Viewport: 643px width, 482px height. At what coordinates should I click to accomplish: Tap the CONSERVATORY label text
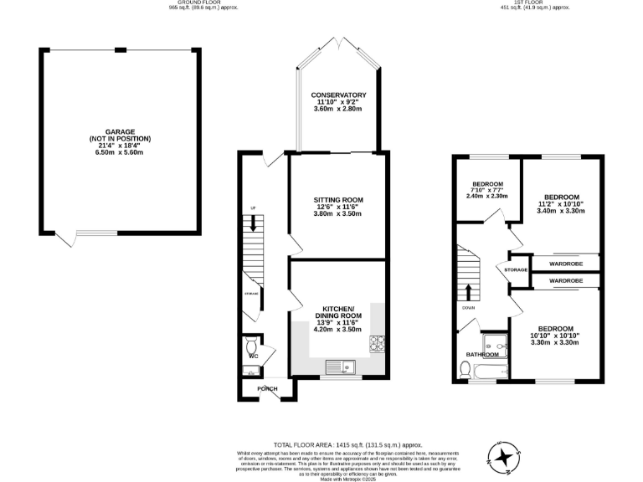click(x=339, y=95)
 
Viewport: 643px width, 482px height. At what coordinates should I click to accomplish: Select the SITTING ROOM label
click(x=338, y=200)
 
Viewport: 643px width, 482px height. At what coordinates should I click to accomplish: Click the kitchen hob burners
click(x=378, y=342)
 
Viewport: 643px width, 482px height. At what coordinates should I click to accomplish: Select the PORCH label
click(x=267, y=388)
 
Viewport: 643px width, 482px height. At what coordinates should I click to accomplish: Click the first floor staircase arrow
click(x=468, y=292)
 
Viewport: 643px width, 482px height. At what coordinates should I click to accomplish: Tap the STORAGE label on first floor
click(x=516, y=270)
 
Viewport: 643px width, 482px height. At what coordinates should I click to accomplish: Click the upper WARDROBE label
click(x=566, y=264)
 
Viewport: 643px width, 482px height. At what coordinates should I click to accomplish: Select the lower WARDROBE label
click(x=566, y=281)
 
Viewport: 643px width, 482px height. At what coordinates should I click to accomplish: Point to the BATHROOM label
click(x=481, y=354)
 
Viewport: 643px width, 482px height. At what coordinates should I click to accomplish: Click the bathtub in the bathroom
click(x=482, y=372)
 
